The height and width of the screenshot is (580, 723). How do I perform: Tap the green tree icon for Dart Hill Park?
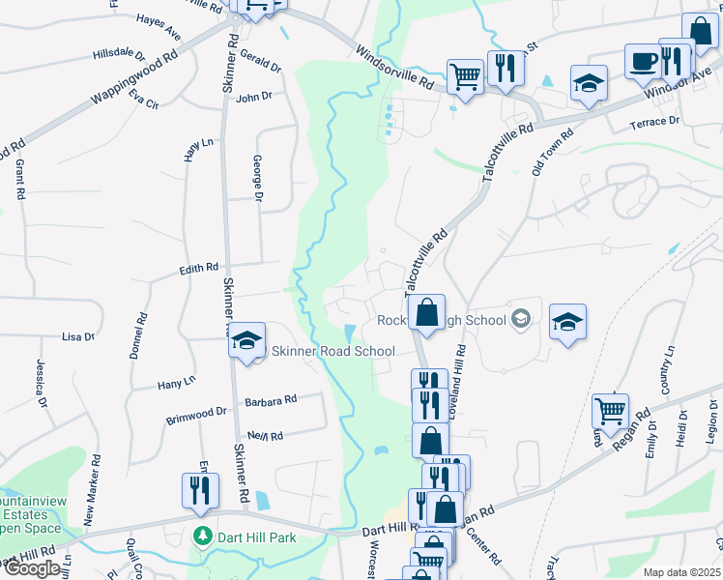202,536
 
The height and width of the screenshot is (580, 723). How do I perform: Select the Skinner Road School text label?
333,352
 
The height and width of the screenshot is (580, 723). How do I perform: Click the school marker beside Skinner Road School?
246,340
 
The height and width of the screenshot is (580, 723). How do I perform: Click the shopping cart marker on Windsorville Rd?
465,76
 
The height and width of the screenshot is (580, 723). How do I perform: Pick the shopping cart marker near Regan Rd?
610,411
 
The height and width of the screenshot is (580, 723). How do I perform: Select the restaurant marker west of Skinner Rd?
200,490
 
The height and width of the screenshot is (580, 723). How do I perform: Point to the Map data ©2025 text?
681,572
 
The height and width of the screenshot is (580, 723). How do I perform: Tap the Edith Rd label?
198,269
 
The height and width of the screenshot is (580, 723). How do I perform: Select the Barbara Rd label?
271,399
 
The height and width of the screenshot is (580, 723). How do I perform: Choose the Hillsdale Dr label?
120,57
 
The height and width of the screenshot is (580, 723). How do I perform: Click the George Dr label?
258,179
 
